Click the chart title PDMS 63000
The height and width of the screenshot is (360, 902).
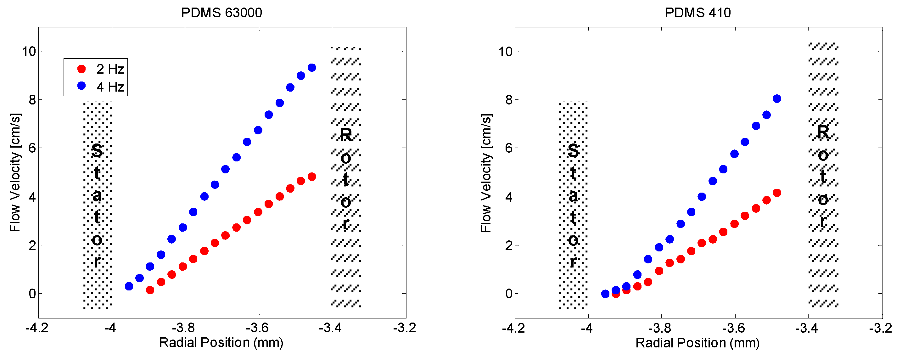coord(221,13)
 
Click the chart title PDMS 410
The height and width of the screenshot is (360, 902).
coord(698,13)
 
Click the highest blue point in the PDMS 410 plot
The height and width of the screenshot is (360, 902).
coord(777,99)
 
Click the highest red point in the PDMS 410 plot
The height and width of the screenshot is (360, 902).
coord(777,193)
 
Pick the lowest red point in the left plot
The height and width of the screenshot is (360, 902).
coord(150,290)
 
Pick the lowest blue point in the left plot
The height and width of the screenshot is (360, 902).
coord(129,286)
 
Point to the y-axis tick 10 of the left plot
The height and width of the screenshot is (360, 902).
coord(29,52)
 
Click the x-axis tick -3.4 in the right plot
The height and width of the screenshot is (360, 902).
coord(808,328)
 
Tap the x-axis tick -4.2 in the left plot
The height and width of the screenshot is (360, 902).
coord(37,328)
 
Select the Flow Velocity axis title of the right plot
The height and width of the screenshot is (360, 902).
coord(486,173)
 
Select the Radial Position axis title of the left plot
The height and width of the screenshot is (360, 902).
coord(221,342)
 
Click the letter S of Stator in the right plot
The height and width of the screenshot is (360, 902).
coord(573,151)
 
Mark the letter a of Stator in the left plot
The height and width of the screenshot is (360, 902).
coord(97,196)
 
